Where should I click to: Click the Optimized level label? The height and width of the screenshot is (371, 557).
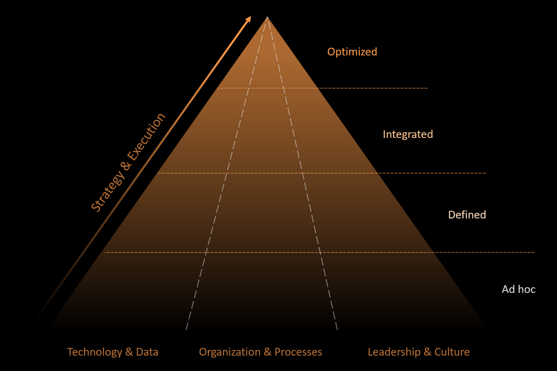[x=352, y=52]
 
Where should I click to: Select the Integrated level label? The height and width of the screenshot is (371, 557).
[x=407, y=134]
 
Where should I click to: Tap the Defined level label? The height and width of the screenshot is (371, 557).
[x=467, y=215]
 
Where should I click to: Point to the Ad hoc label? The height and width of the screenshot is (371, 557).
[x=518, y=289]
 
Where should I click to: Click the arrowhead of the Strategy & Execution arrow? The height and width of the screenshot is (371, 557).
[x=249, y=19]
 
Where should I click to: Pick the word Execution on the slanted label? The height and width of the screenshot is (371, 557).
[x=146, y=136]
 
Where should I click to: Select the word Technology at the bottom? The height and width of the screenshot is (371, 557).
[x=94, y=352]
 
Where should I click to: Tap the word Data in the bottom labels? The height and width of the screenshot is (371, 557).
[x=147, y=352]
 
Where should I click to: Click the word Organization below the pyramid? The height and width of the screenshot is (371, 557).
[x=229, y=352]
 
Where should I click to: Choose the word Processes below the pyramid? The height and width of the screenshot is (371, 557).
[x=298, y=352]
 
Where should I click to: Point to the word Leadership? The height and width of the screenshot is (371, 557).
[x=394, y=352]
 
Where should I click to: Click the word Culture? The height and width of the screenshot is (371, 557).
[x=452, y=352]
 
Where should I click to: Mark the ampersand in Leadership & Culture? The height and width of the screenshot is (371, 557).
[x=427, y=352]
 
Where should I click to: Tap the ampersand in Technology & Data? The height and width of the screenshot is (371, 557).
[x=129, y=352]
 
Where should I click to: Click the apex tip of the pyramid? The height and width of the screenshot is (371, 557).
[x=267, y=17]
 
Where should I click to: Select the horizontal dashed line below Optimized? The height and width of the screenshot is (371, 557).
[x=365, y=88]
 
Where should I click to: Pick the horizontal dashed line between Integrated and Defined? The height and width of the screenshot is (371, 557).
[x=426, y=173]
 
